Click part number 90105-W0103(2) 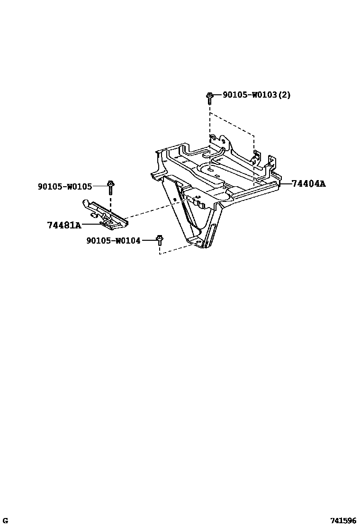tap(256, 95)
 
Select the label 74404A tap(308, 184)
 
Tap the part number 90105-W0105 tap(65, 187)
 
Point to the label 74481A tap(64, 225)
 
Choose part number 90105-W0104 tap(113, 241)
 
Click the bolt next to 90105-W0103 tap(209, 98)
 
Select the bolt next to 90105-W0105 tap(110, 187)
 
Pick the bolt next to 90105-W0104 tap(160, 240)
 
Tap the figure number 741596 tap(343, 520)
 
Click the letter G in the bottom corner tap(5, 520)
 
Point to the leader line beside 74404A tap(285, 183)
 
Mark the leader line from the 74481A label tap(91, 225)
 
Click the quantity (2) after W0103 tap(284, 95)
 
